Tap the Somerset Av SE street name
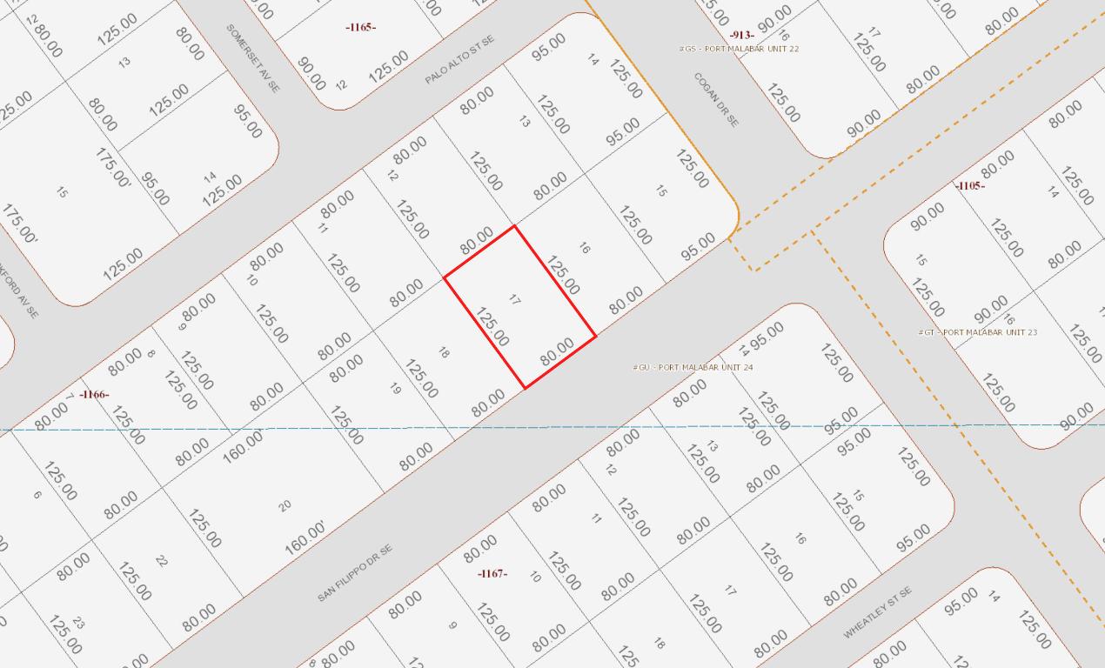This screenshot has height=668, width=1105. [253, 58]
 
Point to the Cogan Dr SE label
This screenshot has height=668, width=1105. [716, 99]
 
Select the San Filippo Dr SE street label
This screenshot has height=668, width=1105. [355, 572]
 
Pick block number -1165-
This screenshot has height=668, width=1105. [360, 28]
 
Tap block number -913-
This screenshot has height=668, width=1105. [741, 35]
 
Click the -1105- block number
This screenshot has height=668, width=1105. [969, 186]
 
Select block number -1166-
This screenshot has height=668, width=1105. [94, 395]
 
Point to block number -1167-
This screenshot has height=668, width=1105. [492, 574]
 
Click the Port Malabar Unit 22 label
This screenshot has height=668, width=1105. [739, 49]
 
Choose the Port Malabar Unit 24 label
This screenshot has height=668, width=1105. [693, 367]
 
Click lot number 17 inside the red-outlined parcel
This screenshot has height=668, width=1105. [514, 299]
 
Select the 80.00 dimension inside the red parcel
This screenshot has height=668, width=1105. [557, 351]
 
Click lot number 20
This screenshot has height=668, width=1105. [285, 505]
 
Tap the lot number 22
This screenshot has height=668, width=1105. [161, 561]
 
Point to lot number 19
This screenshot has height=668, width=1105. [396, 389]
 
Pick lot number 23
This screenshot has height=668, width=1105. [78, 623]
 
